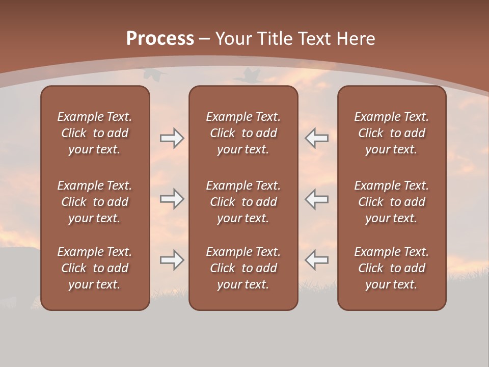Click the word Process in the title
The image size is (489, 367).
coord(160,39)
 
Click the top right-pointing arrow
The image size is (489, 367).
coord(172,138)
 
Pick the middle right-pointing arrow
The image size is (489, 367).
coord(172,199)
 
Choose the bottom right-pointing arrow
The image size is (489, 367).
coord(172,260)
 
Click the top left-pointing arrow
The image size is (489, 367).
coord(317,138)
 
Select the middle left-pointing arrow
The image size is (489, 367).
coord(317,199)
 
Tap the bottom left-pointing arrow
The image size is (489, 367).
coord(317,260)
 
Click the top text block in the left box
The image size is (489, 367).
coord(95,133)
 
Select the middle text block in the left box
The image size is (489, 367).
coord(95,202)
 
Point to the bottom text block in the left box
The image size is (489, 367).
coord(95,268)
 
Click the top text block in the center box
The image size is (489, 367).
coord(243,133)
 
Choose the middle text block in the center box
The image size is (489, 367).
coord(243,202)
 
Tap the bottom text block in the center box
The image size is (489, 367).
coord(243,268)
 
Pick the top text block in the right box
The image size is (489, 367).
coord(392,133)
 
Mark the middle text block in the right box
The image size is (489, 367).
coord(392,202)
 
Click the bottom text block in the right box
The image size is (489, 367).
coord(392,268)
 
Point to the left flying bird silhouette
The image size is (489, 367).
coord(154,74)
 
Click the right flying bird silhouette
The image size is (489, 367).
coord(248,76)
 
